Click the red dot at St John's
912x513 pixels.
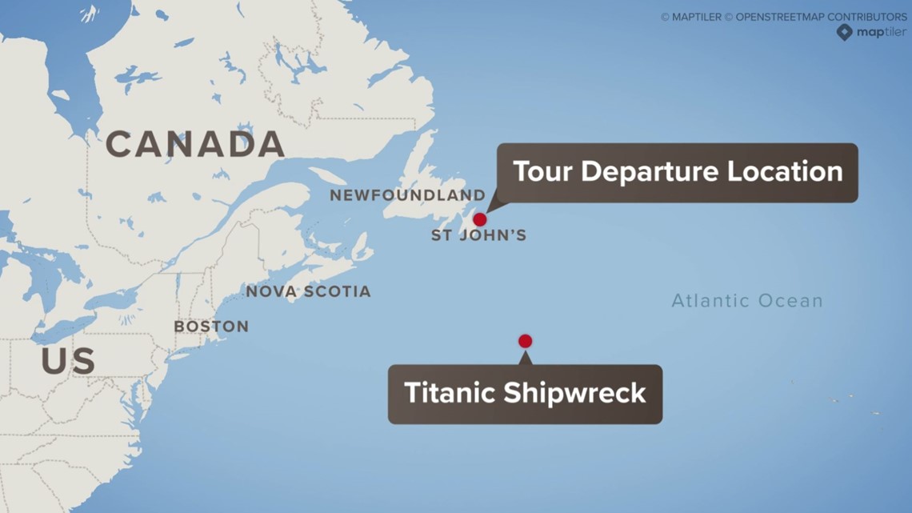coord(479,219)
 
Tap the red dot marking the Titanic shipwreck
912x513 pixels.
coord(525,341)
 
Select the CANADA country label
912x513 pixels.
coord(195,144)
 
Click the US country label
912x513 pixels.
coord(68,362)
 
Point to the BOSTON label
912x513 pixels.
coord(211,327)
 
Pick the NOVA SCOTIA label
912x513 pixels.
coord(308,292)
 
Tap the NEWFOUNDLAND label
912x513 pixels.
coord(407,195)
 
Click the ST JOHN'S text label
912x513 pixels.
coord(478,236)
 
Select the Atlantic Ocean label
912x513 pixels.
coord(746,301)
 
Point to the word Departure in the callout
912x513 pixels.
coord(655,171)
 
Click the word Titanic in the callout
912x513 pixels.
coord(450,393)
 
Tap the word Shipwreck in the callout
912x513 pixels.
coord(574,393)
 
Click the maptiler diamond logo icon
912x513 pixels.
coord(844,32)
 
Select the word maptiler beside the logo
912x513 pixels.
coord(882,32)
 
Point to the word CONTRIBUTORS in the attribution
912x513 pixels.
coord(866,17)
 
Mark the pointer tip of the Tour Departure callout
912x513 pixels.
coord(486,210)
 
